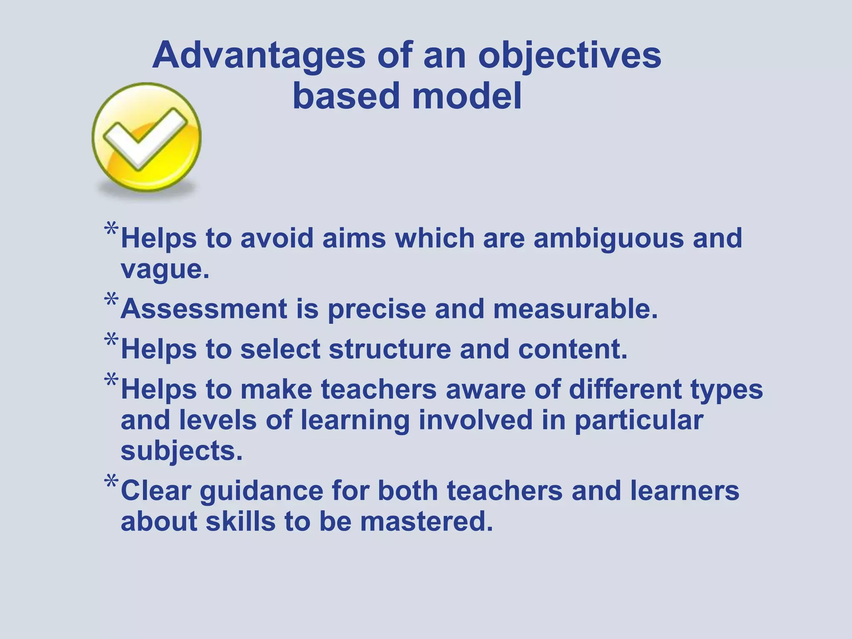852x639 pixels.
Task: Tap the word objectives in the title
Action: click(x=570, y=56)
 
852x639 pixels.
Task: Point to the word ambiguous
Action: click(x=608, y=239)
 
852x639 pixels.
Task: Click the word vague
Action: click(x=165, y=270)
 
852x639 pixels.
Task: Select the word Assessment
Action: click(x=204, y=310)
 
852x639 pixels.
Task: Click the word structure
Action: click(x=390, y=349)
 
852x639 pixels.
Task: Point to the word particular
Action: click(x=639, y=421)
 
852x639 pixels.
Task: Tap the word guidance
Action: click(x=262, y=491)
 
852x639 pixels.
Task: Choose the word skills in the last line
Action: click(x=240, y=522)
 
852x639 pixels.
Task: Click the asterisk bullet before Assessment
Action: click(x=111, y=299)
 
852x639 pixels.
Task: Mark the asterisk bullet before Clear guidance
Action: click(x=111, y=481)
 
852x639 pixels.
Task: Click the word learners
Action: click(x=684, y=491)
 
